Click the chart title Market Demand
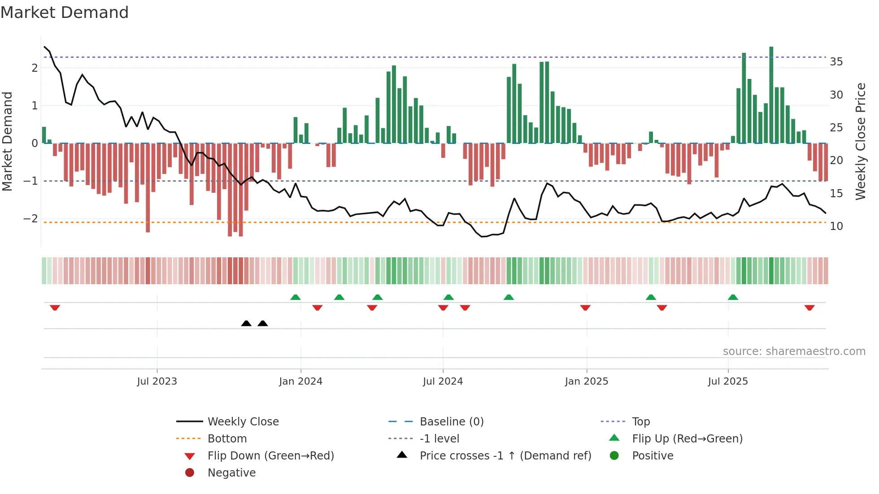tap(65, 13)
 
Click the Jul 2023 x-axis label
tap(157, 381)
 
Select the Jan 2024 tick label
tap(300, 381)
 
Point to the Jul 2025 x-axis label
tap(728, 381)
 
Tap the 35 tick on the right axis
tap(836, 61)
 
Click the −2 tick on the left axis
tap(30, 219)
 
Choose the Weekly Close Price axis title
tap(860, 141)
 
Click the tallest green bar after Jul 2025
tap(771, 94)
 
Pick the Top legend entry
tap(641, 421)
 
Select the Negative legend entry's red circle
tap(190, 472)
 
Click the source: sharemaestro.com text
tap(794, 351)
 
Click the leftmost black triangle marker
tap(246, 323)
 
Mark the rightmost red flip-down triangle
tap(809, 308)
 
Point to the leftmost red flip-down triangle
tap(55, 308)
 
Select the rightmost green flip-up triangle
tap(733, 297)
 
